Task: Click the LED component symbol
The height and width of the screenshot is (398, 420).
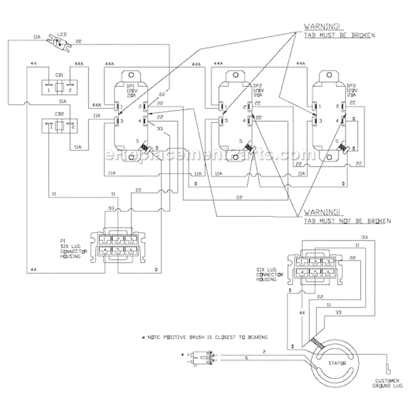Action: click(x=58, y=40)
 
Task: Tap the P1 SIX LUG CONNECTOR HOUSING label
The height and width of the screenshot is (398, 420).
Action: click(x=71, y=247)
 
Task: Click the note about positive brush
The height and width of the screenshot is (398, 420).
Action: click(x=204, y=337)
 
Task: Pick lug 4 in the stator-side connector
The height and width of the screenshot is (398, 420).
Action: click(x=302, y=273)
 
